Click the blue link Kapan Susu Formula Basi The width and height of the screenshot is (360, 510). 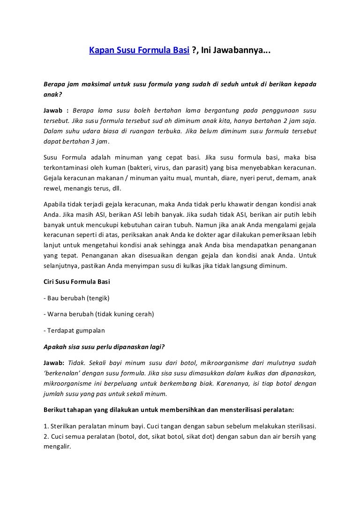pos(140,51)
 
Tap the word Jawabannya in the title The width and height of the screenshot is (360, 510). pos(240,51)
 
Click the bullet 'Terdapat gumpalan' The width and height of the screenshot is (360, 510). pos(72,330)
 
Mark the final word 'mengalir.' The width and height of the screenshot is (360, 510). pos(57,447)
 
